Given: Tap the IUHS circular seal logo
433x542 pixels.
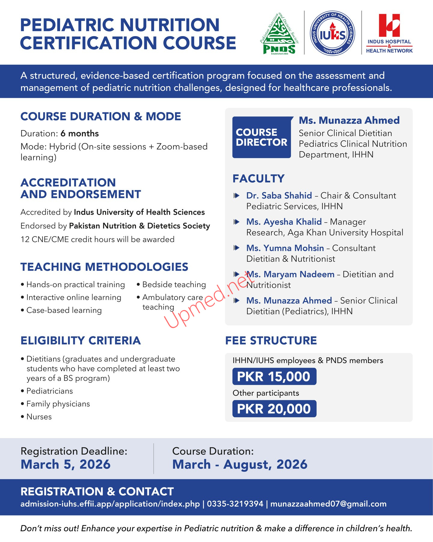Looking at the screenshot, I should click(332, 33).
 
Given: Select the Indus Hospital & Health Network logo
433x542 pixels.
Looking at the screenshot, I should click(389, 33).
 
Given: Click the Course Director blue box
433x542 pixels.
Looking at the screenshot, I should click(262, 137).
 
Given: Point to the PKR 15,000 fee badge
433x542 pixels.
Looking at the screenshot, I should click(274, 376).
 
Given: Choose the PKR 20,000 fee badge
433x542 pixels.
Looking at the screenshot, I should click(274, 409).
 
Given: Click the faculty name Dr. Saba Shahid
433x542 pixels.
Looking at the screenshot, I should click(279, 195).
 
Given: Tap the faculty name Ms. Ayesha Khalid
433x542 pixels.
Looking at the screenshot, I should click(284, 222).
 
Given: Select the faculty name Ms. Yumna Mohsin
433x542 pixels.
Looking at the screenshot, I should click(285, 248).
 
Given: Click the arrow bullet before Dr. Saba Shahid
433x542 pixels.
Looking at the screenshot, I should click(237, 196).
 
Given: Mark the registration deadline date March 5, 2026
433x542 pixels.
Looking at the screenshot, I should click(66, 464).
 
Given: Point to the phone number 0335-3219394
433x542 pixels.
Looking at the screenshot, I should click(235, 504).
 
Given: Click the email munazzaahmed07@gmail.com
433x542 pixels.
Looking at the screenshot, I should click(328, 504).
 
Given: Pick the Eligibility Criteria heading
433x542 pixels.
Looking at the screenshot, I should click(81, 341).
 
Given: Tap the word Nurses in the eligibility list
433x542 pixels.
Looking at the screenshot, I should click(39, 417).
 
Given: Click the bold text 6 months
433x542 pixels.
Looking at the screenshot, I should click(80, 133).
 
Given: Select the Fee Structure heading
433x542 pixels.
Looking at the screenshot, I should click(271, 341).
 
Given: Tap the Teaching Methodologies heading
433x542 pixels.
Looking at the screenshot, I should click(104, 267).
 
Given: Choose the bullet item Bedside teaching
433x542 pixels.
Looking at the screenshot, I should click(174, 285).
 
